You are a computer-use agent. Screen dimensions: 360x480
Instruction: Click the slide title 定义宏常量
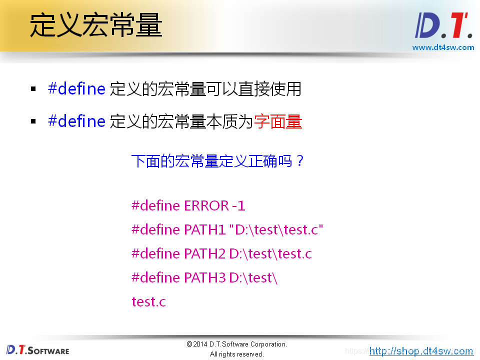[x=96, y=25]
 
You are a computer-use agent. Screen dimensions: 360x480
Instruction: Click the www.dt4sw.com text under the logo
[x=443, y=47]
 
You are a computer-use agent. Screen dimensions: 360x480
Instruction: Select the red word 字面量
[x=278, y=121]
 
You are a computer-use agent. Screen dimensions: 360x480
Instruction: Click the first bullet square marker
[x=33, y=89]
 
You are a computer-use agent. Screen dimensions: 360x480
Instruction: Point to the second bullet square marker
[x=33, y=121]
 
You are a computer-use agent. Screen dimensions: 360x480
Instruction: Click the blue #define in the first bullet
[x=76, y=89]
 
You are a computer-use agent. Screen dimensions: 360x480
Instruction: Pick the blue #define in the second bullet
[x=76, y=121]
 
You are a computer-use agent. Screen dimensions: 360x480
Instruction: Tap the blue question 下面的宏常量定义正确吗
[x=217, y=161]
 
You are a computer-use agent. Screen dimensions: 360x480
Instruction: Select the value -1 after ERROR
[x=238, y=205]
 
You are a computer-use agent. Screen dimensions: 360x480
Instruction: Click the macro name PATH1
[x=205, y=229]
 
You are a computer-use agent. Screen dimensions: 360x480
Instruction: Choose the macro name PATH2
[x=205, y=253]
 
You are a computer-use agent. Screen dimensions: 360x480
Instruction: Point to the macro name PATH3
[x=205, y=277]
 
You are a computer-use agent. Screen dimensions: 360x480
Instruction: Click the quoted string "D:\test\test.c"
[x=276, y=229]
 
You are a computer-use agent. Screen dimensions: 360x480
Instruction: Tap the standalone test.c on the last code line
[x=148, y=301]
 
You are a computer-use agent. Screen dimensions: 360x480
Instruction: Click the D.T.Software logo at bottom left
[x=38, y=349]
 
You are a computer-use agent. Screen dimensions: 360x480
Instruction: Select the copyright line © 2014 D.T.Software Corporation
[x=237, y=344]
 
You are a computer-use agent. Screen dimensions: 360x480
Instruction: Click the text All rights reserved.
[x=237, y=354]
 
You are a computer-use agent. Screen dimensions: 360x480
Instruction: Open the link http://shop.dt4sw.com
[x=421, y=351]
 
